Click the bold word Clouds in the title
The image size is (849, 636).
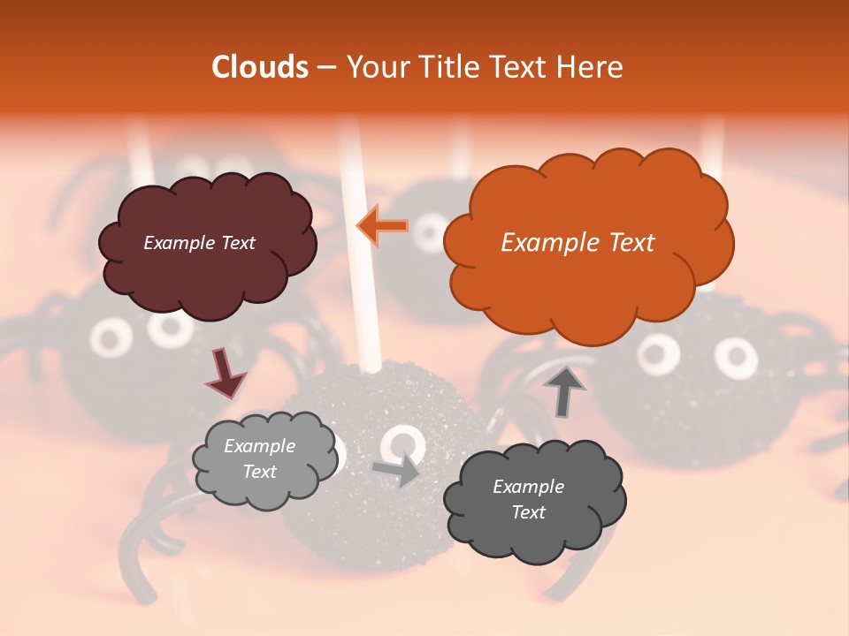[259, 67]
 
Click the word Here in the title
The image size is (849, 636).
[588, 67]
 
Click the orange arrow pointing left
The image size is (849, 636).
[383, 226]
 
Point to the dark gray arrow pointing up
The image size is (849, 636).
[564, 390]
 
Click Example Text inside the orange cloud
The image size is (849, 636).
[577, 243]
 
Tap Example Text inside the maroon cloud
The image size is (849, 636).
[199, 243]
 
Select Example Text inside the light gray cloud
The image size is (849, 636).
[259, 459]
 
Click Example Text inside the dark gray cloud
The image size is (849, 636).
[528, 499]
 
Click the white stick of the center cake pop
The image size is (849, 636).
[363, 291]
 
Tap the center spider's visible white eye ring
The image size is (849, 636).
[403, 444]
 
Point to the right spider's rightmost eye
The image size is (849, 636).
[735, 357]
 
